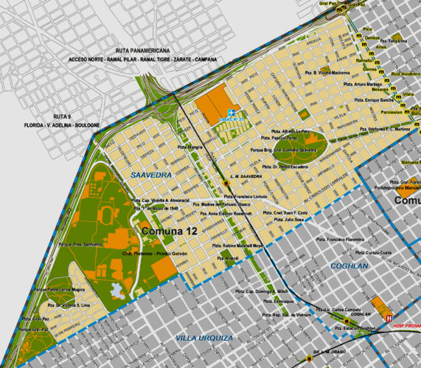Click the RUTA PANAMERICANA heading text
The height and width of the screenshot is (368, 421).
[142, 50]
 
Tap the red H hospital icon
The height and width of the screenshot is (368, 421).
[389, 318]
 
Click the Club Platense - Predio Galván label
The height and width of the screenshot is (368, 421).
[155, 254]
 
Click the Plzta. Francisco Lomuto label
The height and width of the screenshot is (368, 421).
[246, 195]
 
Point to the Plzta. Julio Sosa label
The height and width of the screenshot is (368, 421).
[290, 219]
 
